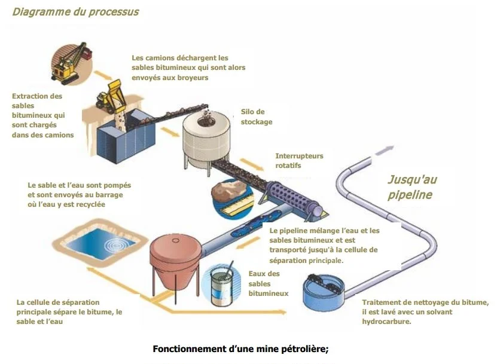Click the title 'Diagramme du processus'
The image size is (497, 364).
click(75, 12)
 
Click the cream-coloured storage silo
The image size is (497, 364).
click(207, 137)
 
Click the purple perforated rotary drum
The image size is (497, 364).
click(292, 198)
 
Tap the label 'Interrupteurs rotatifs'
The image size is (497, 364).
click(298, 160)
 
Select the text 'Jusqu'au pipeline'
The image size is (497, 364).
click(412, 186)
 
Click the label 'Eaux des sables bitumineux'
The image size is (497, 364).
click(267, 283)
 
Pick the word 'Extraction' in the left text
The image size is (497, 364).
click(29, 96)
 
